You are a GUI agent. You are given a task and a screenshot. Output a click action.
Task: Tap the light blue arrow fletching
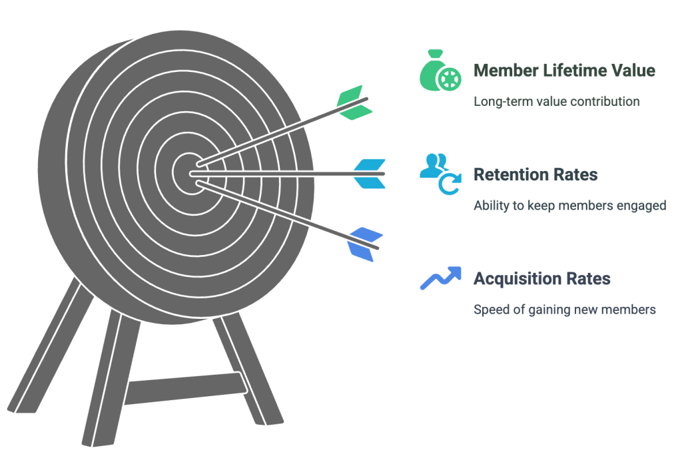coord(369,174)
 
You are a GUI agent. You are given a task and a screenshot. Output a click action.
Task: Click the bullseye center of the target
coord(190,172)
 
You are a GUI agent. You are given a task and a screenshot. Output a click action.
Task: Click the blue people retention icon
coord(440,172)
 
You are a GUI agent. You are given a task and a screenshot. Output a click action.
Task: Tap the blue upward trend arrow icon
coord(440,278)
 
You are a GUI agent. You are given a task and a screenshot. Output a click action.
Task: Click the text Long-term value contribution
coord(556,102)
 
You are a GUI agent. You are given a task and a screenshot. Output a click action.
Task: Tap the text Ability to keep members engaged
coord(569,206)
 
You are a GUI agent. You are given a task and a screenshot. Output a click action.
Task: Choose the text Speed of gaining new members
coord(564,310)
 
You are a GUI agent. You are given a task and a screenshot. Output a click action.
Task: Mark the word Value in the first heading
coord(633,71)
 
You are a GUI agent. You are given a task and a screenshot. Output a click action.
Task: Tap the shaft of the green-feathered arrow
coord(280,136)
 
